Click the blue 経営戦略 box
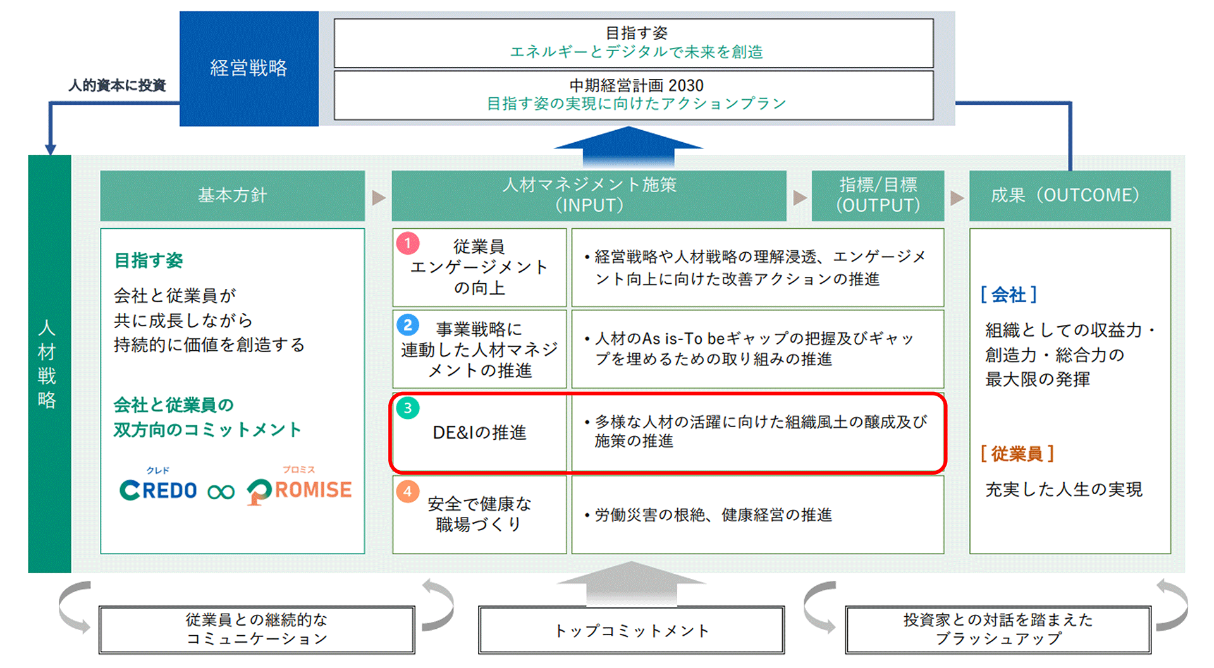click(x=248, y=68)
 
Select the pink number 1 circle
click(x=408, y=243)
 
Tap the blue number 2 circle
click(x=408, y=325)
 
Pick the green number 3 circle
click(x=408, y=408)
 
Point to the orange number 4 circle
click(x=408, y=492)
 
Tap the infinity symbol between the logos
click(x=221, y=492)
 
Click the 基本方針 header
click(x=232, y=195)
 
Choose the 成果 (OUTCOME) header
click(x=1069, y=195)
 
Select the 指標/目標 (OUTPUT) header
click(x=878, y=195)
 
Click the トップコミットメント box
click(x=631, y=630)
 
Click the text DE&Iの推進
click(x=479, y=433)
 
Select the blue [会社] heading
click(x=1009, y=295)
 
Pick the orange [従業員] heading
click(x=1017, y=454)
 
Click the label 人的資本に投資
click(x=117, y=85)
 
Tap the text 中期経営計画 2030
click(x=636, y=85)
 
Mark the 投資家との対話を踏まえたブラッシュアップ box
click(x=998, y=629)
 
